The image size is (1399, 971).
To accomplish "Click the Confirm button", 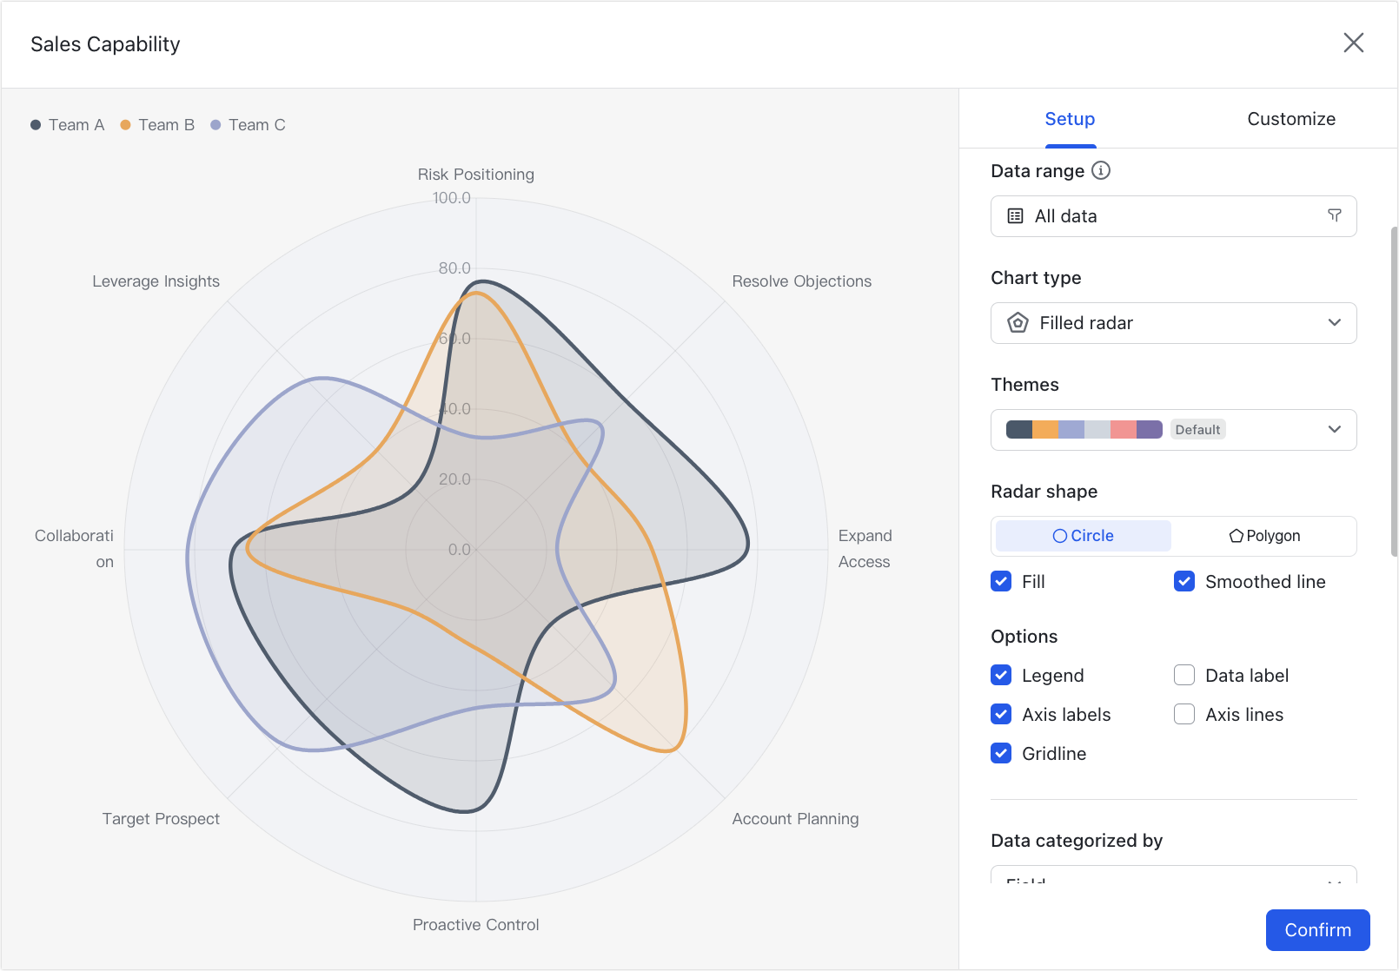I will click(1317, 930).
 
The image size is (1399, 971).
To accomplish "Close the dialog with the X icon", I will click(1353, 43).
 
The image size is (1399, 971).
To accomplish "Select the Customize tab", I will click(1291, 119).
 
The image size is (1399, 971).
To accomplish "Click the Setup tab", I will click(1070, 119).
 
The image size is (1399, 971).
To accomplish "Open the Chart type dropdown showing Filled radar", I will click(1173, 323).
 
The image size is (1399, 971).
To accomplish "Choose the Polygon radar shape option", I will click(1264, 536).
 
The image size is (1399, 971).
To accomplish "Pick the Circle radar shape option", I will click(1084, 536).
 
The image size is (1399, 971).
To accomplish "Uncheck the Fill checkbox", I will click(1001, 581).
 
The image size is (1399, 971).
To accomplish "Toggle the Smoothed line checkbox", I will click(1184, 581).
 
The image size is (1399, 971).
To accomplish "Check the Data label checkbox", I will click(1184, 675).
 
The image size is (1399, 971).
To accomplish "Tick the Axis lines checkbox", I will click(1184, 714).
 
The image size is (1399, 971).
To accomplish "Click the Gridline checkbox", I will click(1001, 753).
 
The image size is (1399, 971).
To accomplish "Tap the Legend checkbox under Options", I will click(1001, 675).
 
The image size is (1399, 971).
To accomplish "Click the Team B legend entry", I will click(158, 125).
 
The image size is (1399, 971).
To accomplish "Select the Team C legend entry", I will click(249, 125).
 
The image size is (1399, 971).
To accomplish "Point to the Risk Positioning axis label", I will click(475, 175).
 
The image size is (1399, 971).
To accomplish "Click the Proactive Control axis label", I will click(475, 925).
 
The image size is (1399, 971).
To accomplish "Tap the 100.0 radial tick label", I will click(452, 198).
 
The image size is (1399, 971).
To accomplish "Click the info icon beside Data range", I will click(1101, 170).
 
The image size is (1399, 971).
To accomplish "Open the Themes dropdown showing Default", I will click(1173, 430).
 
